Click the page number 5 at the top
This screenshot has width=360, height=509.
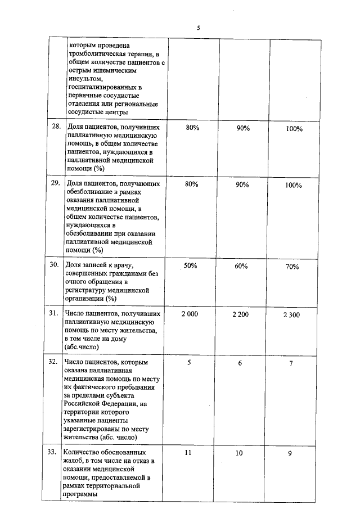[198, 28]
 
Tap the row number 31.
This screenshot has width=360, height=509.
[54, 313]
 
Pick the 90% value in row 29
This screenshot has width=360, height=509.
[242, 184]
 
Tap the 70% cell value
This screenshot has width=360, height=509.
[291, 267]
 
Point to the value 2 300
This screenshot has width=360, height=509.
[291, 315]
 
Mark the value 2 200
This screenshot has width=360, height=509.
[240, 314]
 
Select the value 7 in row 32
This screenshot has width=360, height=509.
[291, 363]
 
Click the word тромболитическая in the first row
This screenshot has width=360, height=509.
[97, 53]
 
